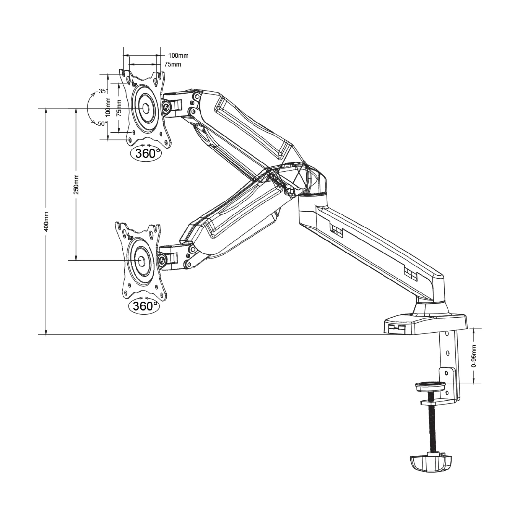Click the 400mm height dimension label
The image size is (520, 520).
click(x=46, y=221)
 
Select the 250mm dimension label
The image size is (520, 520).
click(x=76, y=184)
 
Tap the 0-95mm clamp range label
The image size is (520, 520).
click(x=474, y=356)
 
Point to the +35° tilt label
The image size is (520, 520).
click(x=101, y=91)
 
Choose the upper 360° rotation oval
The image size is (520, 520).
click(x=146, y=153)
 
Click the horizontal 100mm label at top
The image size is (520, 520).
click(x=178, y=56)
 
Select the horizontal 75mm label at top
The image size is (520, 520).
click(x=173, y=64)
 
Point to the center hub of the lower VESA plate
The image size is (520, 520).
click(x=141, y=260)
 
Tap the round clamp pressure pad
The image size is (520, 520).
click(x=430, y=386)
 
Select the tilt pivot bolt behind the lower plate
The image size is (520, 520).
click(x=162, y=259)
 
